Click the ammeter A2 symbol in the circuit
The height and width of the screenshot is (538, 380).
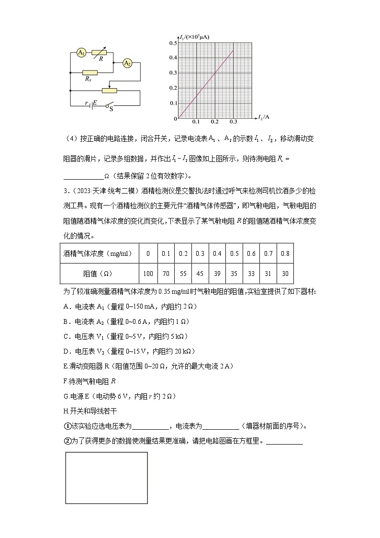click(127, 63)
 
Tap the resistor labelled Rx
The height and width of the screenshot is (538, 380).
click(89, 73)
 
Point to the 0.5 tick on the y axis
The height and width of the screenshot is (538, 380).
click(173, 43)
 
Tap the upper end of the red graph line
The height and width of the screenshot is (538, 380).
click(233, 51)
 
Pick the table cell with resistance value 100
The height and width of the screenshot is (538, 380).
click(148, 273)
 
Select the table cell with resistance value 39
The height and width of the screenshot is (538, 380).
click(217, 273)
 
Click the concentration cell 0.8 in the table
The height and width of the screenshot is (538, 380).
click(285, 253)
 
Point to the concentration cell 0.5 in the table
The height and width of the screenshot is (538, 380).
click(234, 253)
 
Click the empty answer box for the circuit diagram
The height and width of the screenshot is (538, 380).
click(106, 477)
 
